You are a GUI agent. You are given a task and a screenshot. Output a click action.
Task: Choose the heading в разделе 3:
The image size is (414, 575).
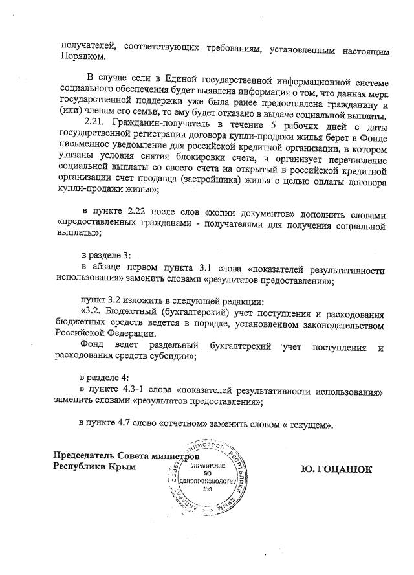pos(105,256)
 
